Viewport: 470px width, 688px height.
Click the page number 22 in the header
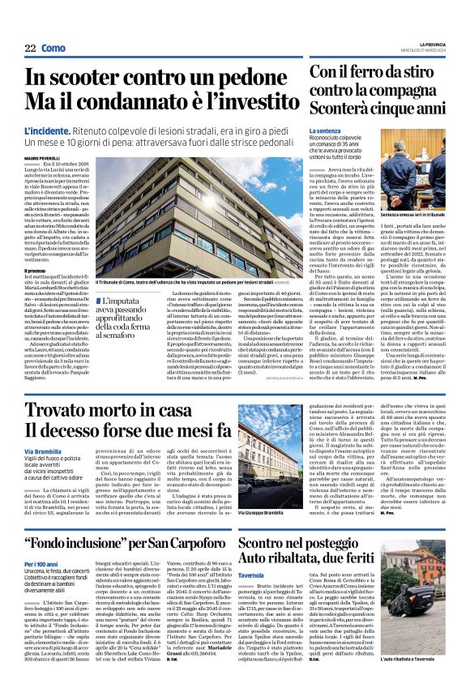pyautogui.click(x=30, y=49)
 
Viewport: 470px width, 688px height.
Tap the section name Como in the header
pyautogui.click(x=53, y=49)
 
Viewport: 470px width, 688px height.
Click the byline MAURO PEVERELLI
pyautogui.click(x=43, y=159)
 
